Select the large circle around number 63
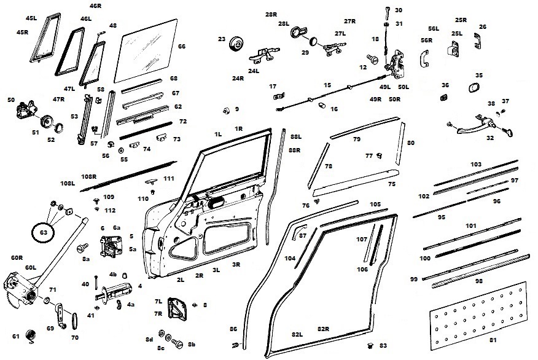(x=43, y=232)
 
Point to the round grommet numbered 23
(x=235, y=45)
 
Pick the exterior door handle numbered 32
(x=482, y=126)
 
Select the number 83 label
(x=384, y=346)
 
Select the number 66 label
(x=181, y=47)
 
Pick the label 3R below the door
(x=236, y=265)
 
